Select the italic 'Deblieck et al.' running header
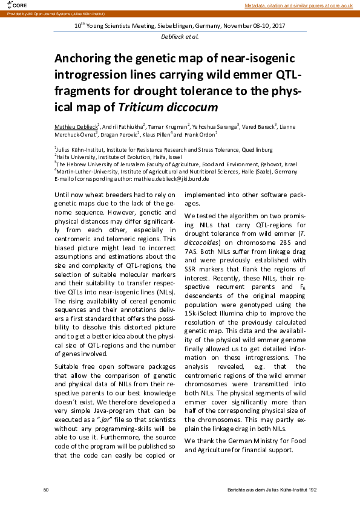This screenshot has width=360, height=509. [180, 37]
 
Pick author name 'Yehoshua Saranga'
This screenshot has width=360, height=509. [217, 127]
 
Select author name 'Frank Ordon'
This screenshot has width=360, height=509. [202, 135]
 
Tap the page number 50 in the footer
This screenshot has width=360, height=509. [46, 488]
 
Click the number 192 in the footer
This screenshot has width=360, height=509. [312, 488]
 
